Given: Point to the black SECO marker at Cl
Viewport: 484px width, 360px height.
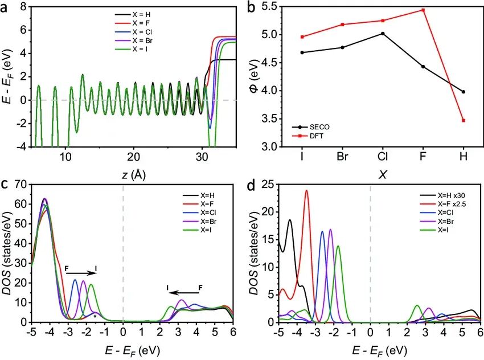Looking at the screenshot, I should (383, 34).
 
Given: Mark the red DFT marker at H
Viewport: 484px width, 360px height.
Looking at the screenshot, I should (464, 120).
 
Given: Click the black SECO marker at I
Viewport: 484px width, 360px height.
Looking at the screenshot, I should (302, 52).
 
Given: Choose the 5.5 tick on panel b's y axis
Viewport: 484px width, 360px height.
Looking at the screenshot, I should (274, 6).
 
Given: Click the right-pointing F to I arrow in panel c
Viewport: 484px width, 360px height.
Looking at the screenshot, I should (81, 273).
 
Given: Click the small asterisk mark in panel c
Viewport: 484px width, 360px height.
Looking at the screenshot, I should (95, 316).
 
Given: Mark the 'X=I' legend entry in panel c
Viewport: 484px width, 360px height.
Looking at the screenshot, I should (204, 230).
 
